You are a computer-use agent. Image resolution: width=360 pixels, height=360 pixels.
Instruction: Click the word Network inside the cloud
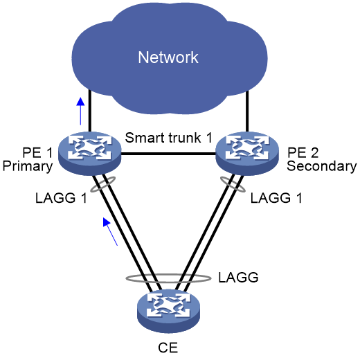pyautogui.click(x=168, y=57)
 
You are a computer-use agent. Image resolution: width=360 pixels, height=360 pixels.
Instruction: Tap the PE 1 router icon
pyautogui.click(x=89, y=154)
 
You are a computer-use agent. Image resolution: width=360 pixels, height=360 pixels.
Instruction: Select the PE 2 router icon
pyautogui.click(x=247, y=154)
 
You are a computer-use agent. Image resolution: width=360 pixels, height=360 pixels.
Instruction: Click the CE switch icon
pyautogui.click(x=168, y=311)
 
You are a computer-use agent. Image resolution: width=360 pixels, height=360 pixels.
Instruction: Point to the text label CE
pyautogui.click(x=168, y=348)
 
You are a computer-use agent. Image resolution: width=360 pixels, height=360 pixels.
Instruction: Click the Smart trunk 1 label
pyautogui.click(x=168, y=138)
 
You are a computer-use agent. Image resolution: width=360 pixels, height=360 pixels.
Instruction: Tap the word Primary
pyautogui.click(x=28, y=167)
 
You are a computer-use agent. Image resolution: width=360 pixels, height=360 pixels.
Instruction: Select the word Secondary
pyautogui.click(x=322, y=166)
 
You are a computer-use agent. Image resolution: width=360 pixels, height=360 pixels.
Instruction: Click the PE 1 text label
pyautogui.click(x=37, y=153)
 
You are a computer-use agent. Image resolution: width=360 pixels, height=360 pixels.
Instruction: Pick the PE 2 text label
pyautogui.click(x=303, y=153)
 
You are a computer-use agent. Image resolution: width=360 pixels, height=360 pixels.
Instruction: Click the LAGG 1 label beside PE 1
pyautogui.click(x=61, y=198)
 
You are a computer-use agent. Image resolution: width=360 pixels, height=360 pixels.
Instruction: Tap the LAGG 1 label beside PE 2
pyautogui.click(x=276, y=198)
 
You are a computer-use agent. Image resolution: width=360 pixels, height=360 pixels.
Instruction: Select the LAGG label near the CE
pyautogui.click(x=238, y=278)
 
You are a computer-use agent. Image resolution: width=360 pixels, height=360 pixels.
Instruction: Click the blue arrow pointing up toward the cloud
pyautogui.click(x=80, y=111)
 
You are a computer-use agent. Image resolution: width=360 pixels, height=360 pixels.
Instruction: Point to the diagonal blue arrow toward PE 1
pyautogui.click(x=110, y=231)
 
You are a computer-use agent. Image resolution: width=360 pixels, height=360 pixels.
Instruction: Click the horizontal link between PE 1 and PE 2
pyautogui.click(x=168, y=154)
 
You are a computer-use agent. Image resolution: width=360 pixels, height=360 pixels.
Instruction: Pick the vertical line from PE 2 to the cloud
pyautogui.click(x=247, y=111)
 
